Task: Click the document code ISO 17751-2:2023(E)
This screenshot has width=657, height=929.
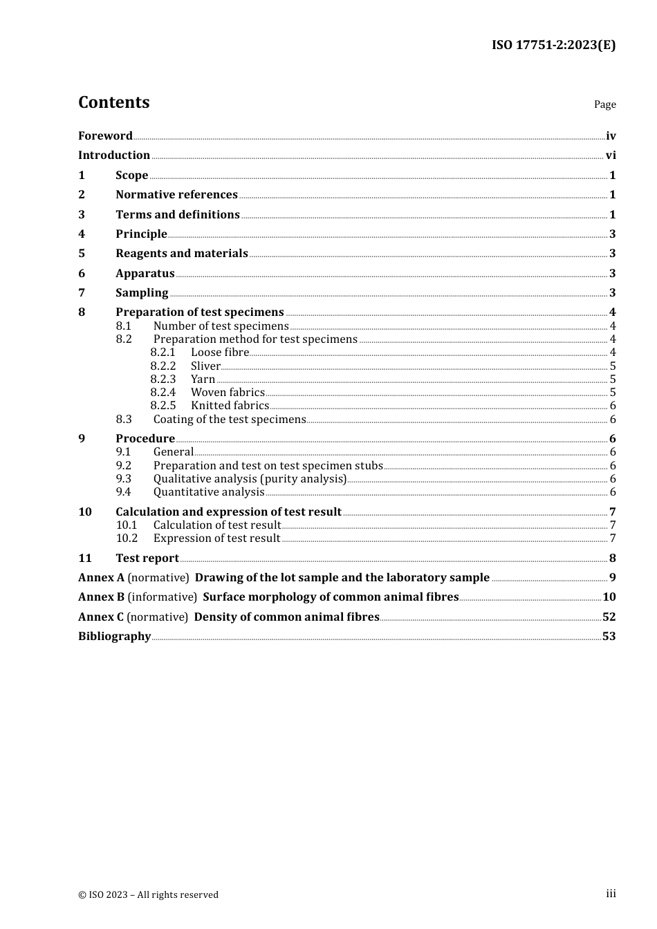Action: click(553, 46)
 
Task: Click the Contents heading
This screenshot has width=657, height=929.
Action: click(113, 102)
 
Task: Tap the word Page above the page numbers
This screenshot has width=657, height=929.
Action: click(604, 104)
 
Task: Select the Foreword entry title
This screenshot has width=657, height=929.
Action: click(105, 136)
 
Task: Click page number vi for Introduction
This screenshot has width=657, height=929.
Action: click(611, 156)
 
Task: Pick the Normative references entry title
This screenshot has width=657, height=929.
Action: click(176, 195)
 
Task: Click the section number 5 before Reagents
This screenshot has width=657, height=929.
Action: click(82, 254)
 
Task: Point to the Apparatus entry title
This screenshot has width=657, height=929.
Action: click(145, 274)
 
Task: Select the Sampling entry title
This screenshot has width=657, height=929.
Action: click(142, 293)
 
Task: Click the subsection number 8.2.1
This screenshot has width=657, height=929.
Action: click(163, 353)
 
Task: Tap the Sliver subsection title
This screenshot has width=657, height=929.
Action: click(205, 366)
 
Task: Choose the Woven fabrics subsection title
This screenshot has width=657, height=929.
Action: click(228, 393)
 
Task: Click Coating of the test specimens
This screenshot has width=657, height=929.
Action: click(229, 420)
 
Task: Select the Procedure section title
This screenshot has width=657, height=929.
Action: click(145, 439)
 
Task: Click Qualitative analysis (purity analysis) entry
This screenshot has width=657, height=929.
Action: click(250, 479)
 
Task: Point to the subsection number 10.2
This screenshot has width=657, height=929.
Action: click(127, 538)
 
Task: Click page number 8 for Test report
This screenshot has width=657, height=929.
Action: click(612, 559)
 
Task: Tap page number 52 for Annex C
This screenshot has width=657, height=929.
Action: click(609, 617)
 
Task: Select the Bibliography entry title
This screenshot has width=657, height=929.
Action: click(114, 637)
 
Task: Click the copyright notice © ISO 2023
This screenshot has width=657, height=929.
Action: click(148, 895)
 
